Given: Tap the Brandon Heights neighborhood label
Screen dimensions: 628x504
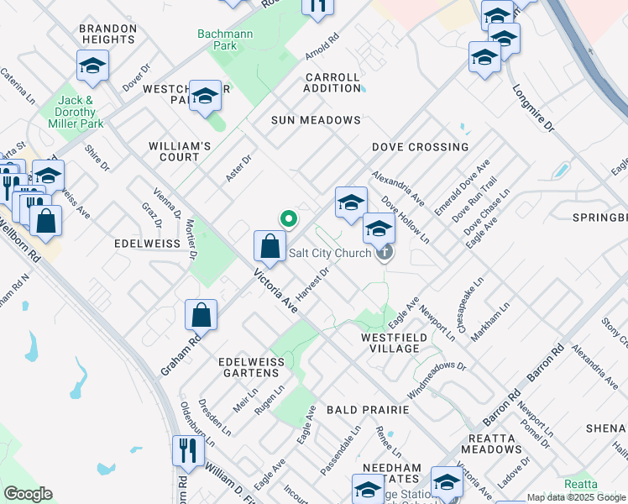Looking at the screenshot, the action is coord(107,34).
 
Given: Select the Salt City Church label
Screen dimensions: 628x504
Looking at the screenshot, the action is coord(330,253).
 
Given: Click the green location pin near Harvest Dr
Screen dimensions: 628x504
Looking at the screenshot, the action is coord(289,219).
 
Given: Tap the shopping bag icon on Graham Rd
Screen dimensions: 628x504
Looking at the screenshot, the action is coord(201,316).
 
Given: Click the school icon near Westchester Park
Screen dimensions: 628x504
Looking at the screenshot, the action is coord(204,97).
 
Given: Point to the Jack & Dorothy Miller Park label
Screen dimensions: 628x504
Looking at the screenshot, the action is coord(80,112).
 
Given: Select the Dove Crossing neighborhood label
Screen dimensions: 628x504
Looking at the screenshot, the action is coord(420,147).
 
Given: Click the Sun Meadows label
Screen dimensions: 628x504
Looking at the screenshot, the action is coord(315,120).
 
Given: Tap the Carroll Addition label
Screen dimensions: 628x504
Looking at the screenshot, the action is coord(332,82).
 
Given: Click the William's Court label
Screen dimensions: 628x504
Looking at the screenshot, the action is coord(180,151).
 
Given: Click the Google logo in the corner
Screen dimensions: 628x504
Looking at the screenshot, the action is coord(28,494).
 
